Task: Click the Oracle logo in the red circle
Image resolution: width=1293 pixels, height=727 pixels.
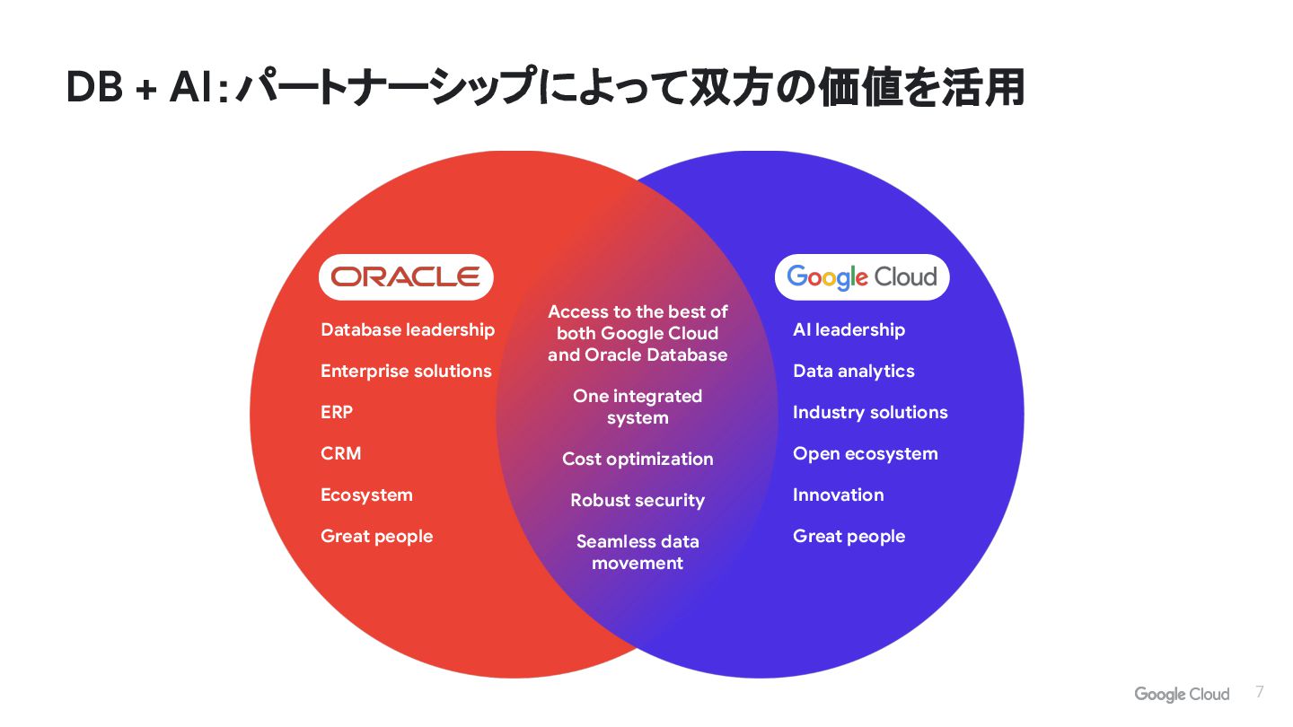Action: [406, 276]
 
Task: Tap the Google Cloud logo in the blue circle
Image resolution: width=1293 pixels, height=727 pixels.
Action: [862, 277]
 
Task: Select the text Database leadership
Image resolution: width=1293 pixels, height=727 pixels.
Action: [408, 329]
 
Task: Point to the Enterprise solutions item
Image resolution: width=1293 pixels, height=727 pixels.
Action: [406, 371]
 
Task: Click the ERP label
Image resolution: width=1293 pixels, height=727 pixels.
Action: [337, 412]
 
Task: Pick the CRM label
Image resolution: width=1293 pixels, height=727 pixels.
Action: [341, 453]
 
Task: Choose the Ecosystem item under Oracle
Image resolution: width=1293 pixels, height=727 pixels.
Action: [366, 495]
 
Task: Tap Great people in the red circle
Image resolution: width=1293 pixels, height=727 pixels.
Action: [376, 536]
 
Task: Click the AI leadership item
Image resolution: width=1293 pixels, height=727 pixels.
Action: [849, 329]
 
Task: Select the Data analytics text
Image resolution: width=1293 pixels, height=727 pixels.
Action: [853, 371]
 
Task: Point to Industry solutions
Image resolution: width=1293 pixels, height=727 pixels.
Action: [870, 412]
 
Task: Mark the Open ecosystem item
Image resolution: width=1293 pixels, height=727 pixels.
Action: [865, 453]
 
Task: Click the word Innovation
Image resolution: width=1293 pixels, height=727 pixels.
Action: [838, 495]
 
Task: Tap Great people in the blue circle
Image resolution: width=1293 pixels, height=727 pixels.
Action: [849, 536]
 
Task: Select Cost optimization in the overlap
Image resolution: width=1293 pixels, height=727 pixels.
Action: [638, 459]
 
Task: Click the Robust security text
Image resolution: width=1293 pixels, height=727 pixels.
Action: [638, 500]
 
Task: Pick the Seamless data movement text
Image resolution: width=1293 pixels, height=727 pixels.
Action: [638, 552]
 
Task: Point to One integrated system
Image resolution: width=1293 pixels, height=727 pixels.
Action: [638, 407]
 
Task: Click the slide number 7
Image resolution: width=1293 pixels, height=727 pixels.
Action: [1260, 692]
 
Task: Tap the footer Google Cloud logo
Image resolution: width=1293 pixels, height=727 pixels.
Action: [1182, 694]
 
